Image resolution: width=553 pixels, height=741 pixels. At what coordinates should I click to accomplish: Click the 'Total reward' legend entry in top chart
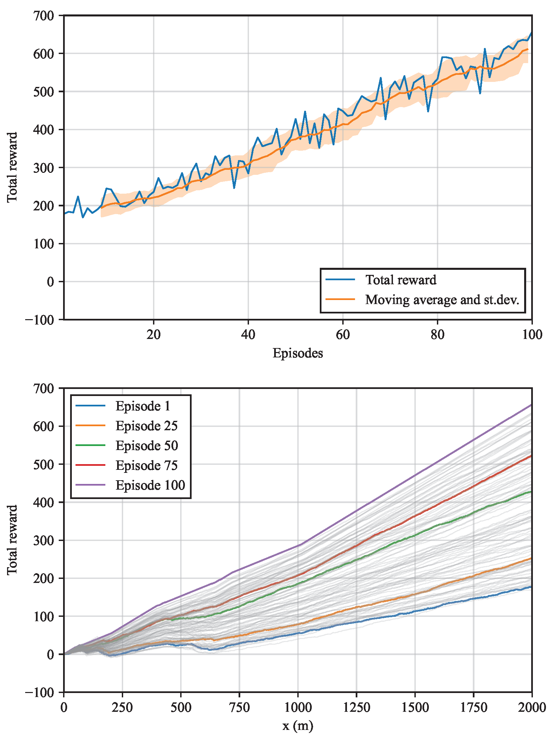coord(401,280)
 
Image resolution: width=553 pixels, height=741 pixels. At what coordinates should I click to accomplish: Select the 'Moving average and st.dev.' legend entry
coord(442,299)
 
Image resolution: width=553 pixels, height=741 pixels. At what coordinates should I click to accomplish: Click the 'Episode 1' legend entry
coord(143,406)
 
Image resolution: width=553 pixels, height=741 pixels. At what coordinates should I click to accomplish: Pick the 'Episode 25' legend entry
coord(146,426)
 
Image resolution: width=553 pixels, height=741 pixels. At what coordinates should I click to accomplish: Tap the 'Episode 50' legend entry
coord(147,446)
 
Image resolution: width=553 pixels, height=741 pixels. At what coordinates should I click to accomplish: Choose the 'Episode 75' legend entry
coord(146,465)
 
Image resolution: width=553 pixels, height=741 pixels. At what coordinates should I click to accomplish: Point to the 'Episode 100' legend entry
coord(150,485)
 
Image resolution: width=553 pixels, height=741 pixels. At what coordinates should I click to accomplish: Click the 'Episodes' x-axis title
coord(298,353)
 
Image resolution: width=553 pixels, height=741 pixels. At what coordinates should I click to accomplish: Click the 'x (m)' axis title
coord(298,726)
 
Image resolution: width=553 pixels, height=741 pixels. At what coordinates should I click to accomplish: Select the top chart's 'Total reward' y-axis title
coord(12,167)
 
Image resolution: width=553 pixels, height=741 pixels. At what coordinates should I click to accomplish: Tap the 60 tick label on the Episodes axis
coord(343,335)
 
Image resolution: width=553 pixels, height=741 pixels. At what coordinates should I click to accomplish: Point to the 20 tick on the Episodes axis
coord(153,335)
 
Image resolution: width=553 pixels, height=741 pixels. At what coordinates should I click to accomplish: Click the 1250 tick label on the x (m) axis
coord(356,707)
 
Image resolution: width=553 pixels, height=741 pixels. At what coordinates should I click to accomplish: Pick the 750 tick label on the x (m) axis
coord(239,707)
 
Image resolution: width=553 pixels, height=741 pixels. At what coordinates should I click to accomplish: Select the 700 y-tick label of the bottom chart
coord(44,388)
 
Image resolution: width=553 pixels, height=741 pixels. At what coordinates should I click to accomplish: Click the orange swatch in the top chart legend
coord(340,299)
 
